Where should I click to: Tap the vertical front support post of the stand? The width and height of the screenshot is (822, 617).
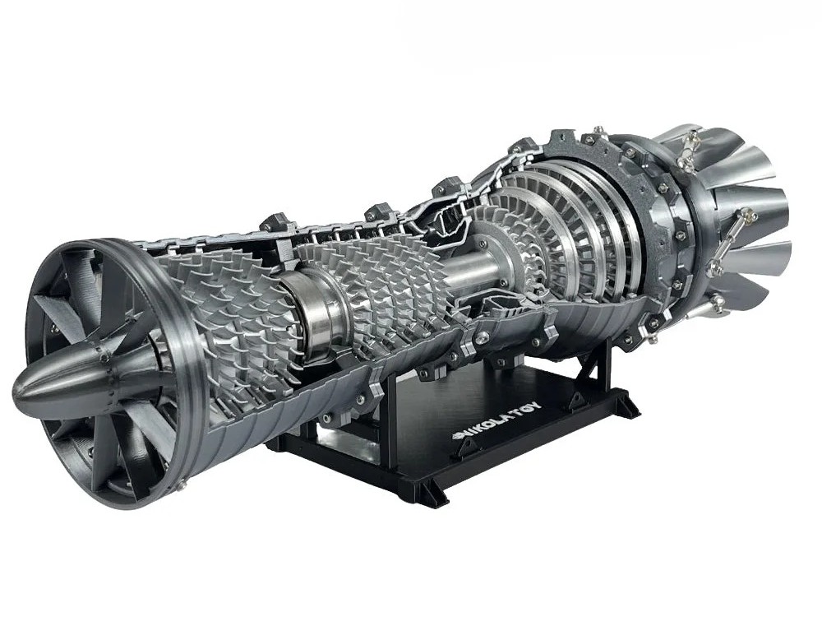tap(386, 411)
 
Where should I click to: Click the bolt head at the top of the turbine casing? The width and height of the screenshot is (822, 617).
tap(601, 132)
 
